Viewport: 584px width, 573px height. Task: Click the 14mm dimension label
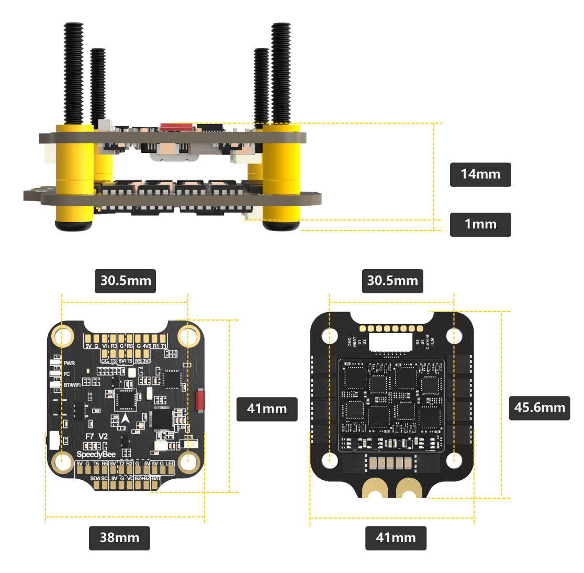pos(480,174)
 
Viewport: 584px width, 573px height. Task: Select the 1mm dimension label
pos(480,224)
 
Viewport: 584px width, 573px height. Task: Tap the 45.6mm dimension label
pos(540,407)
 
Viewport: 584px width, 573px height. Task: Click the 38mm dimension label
pos(119,538)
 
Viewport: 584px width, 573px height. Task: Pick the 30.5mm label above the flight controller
pos(125,281)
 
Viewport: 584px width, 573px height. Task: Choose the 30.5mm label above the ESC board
pos(392,281)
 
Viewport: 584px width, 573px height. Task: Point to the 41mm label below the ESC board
pos(396,538)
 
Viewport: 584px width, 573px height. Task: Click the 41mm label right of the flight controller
pos(267,409)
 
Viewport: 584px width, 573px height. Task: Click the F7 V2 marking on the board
pos(96,436)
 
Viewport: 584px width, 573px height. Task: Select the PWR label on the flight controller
pos(69,363)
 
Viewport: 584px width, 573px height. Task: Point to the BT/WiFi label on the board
pos(72,385)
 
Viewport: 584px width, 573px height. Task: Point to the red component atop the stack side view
pos(176,127)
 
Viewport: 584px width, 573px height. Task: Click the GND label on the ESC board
pos(350,341)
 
